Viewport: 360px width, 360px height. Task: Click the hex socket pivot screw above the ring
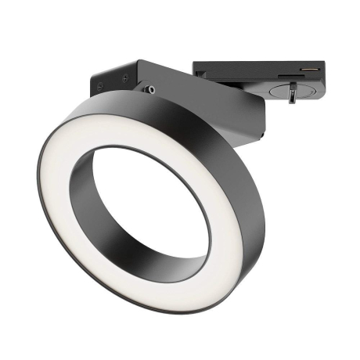pyautogui.click(x=149, y=90)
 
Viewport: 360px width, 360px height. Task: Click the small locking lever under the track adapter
pyautogui.click(x=291, y=95)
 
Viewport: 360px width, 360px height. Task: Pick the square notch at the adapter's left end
pyautogui.click(x=201, y=74)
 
